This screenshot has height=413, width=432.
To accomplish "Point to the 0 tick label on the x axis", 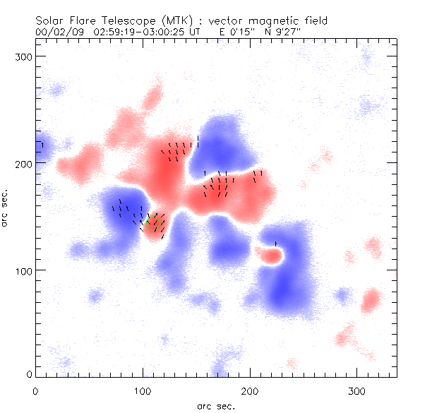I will (x=35, y=390).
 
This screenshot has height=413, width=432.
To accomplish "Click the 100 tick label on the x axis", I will (x=143, y=390).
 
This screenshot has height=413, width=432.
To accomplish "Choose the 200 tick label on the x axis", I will (x=250, y=390).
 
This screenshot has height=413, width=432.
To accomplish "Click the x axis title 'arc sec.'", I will (x=216, y=406).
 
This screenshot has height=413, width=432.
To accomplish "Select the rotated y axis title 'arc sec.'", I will (x=5, y=208).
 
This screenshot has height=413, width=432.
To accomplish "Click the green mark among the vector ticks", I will (x=159, y=225).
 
